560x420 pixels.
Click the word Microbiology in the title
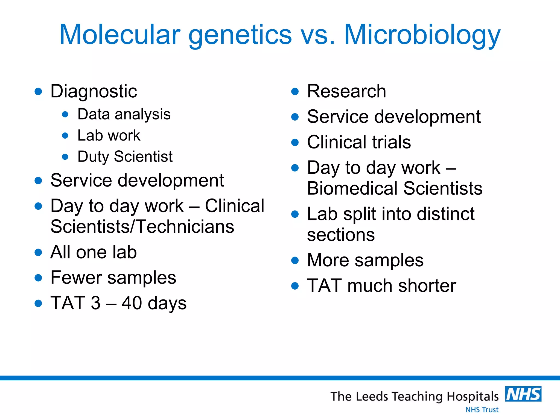(x=422, y=35)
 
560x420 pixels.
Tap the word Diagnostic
(x=94, y=91)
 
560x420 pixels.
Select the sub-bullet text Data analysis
(x=124, y=114)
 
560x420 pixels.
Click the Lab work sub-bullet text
(x=109, y=135)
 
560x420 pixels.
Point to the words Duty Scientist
(x=125, y=156)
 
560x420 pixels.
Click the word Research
(x=346, y=91)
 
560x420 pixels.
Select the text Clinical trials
(x=359, y=142)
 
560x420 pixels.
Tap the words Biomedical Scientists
(x=395, y=188)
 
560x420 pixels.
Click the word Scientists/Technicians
(x=142, y=227)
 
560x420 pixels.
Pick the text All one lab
(x=94, y=252)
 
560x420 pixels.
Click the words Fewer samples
(x=113, y=278)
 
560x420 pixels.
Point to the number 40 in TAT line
(x=132, y=303)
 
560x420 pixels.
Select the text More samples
(x=365, y=260)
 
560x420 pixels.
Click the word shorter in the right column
(x=427, y=286)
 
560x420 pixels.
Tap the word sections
(x=341, y=235)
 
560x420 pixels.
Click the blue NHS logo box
(x=523, y=394)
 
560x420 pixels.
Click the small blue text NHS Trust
(x=482, y=410)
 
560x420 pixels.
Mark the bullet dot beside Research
(x=295, y=91)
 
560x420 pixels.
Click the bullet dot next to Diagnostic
(x=38, y=91)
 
